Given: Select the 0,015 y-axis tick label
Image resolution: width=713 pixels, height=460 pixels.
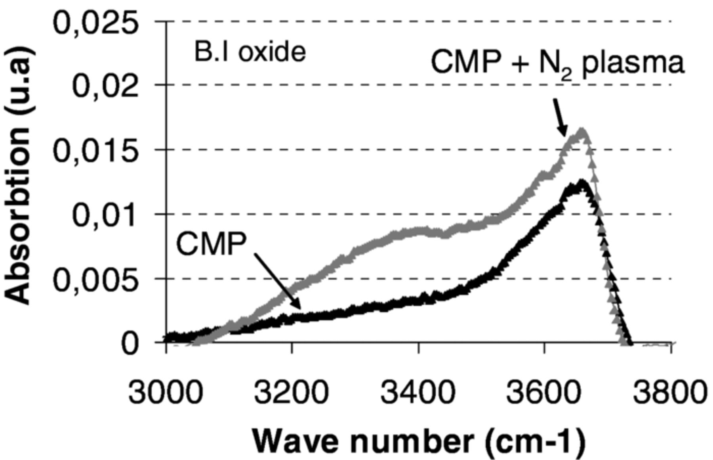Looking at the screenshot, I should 96,151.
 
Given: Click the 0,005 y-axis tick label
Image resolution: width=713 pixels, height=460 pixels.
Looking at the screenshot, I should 96,280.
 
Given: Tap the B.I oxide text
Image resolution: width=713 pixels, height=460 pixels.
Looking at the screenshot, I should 250,52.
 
